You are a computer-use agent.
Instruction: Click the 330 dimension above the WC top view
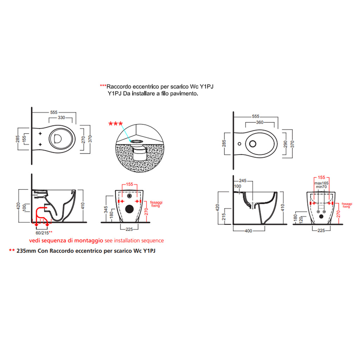point(61,117)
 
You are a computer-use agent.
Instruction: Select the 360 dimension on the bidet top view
point(260,122)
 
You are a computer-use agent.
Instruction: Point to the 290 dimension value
point(285,144)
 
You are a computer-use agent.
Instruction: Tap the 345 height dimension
point(106,210)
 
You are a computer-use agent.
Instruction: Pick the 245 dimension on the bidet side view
point(243,181)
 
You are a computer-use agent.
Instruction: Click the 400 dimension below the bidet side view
point(249,231)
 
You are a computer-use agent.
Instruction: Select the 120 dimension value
point(301,219)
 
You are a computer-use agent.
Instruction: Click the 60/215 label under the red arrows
point(42,233)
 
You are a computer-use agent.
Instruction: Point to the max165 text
point(321,183)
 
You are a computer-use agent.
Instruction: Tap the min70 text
point(321,187)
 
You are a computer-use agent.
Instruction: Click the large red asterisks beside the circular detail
point(115,124)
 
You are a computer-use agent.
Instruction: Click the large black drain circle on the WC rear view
point(129,209)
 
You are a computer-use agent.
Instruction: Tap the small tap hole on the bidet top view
point(239,144)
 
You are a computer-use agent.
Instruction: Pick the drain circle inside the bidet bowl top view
point(253,144)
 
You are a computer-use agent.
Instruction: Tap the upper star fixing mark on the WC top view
point(40,133)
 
